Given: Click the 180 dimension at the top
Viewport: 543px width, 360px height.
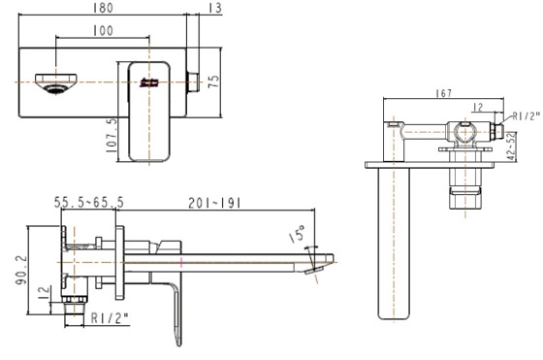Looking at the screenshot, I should [105, 8].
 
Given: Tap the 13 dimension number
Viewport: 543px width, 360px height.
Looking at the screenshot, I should [214, 8].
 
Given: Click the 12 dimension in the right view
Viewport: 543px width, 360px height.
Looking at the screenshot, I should [477, 107].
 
